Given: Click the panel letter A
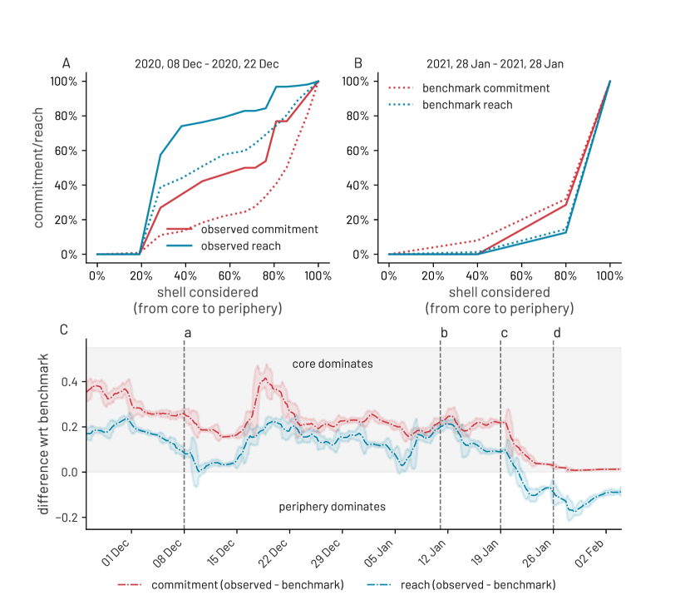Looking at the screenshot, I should click(66, 63).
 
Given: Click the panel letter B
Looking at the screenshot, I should click(358, 63).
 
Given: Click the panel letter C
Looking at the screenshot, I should click(65, 330).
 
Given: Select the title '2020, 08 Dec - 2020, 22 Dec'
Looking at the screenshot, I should click(207, 64).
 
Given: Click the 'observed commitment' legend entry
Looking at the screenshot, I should click(242, 229).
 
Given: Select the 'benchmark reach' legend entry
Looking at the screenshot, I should click(467, 105).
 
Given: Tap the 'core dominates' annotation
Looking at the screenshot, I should click(332, 364).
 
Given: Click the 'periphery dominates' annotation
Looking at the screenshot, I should click(332, 505).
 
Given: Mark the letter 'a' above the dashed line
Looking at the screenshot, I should click(186, 333).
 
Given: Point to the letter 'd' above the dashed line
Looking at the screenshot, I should click(556, 333).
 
